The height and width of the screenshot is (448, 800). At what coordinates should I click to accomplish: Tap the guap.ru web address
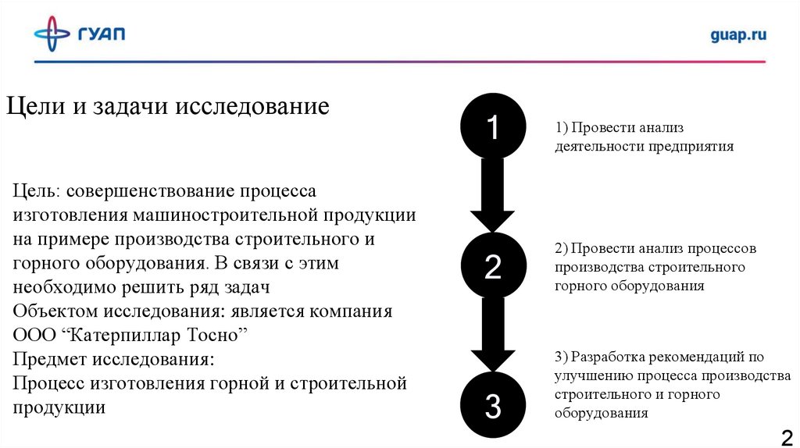[x=738, y=34]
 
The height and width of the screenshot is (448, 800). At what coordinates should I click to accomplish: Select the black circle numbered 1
[x=492, y=126]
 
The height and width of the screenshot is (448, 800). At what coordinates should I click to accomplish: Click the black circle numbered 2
[x=492, y=266]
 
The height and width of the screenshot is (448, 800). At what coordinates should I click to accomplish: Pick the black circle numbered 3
[x=492, y=405]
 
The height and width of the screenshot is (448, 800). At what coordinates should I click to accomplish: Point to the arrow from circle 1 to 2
[x=492, y=195]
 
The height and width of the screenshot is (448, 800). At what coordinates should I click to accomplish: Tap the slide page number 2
[x=785, y=436]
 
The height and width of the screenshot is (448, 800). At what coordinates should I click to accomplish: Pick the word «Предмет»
[x=51, y=360]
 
